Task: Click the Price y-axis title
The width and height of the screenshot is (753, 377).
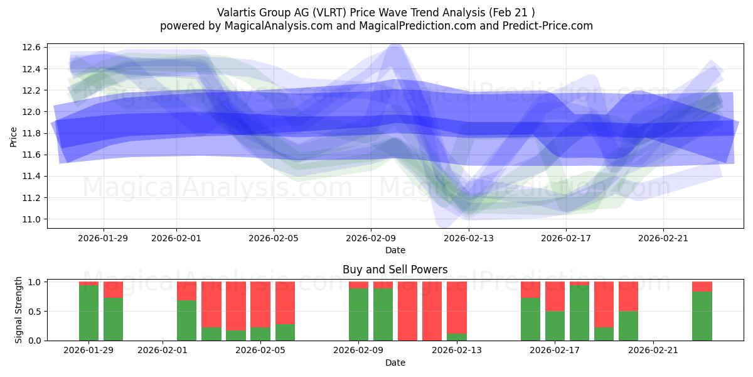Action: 14,136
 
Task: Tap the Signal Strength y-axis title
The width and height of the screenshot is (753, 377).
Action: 19,310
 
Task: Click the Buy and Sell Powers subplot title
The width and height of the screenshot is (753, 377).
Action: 395,270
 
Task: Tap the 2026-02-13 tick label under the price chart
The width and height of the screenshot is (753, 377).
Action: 469,238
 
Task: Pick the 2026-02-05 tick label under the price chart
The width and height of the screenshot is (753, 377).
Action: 274,238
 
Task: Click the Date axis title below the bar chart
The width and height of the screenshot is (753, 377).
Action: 395,363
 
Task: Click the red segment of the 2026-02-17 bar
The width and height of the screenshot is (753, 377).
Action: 555,296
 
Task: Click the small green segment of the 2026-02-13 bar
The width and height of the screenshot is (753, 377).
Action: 457,337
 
